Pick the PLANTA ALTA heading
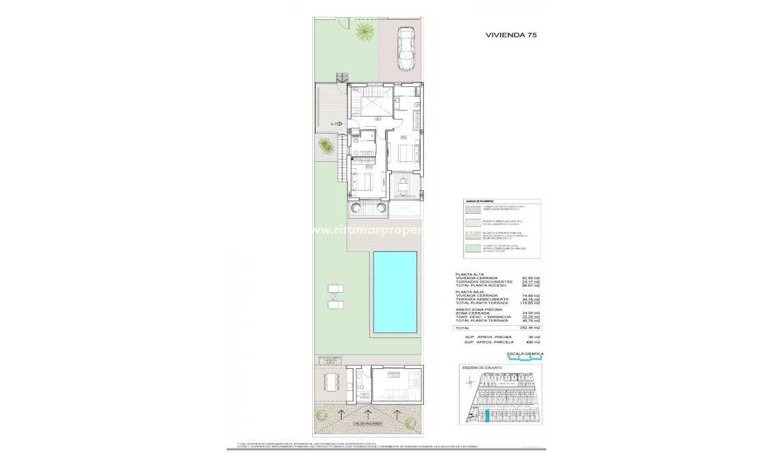click(x=471, y=274)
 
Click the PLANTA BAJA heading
click(x=471, y=291)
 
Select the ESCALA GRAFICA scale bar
click(x=525, y=356)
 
